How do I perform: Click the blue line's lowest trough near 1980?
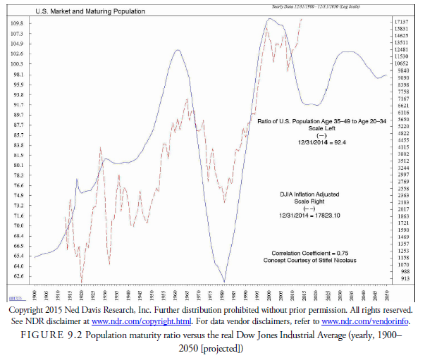pyautogui.click(x=224, y=282)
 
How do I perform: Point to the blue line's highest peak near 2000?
pyautogui.click(x=269, y=18)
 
